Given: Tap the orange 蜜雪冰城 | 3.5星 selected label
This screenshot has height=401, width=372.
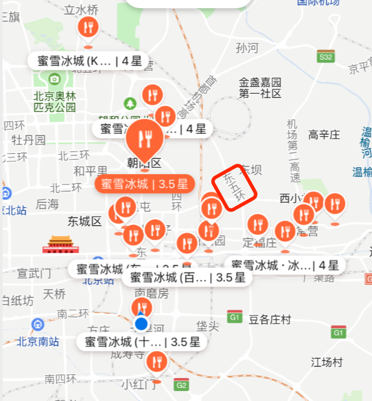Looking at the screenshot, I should click(x=144, y=183).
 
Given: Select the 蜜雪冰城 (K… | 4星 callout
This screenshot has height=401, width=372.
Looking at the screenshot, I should click(x=89, y=61).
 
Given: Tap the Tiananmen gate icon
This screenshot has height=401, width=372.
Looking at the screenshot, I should click(x=60, y=244).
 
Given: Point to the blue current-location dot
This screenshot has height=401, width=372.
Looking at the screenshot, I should click(x=141, y=324).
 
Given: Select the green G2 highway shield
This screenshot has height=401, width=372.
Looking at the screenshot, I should click(x=181, y=385).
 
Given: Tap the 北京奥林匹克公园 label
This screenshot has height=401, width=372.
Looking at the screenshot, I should click(x=55, y=101).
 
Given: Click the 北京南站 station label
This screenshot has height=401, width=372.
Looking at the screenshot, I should click(x=38, y=341).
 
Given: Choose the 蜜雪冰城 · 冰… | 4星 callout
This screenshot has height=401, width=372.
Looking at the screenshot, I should click(x=285, y=266).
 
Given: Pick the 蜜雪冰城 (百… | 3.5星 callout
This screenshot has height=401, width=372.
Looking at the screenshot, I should click(x=187, y=278).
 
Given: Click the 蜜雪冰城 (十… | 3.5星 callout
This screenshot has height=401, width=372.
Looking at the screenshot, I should click(x=142, y=342).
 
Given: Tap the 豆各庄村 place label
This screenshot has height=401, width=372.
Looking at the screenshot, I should click(x=270, y=320).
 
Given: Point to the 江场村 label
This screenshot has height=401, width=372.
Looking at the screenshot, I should click(x=327, y=362).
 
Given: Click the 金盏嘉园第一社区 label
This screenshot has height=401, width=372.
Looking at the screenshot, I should click(x=260, y=87).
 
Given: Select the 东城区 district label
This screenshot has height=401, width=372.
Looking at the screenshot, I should click(x=84, y=221).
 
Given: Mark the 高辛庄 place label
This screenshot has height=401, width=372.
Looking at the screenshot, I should click(x=324, y=135).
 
